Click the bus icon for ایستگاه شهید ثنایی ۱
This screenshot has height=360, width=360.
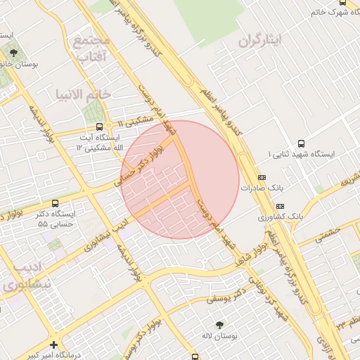point(302,142)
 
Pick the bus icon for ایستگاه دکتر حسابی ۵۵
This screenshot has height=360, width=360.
point(55,203)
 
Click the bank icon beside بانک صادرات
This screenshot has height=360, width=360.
point(262,178)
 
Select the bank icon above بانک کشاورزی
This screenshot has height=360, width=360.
point(281,206)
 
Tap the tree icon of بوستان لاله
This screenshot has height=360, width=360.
point(220,325)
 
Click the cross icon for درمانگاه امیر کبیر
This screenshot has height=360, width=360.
point(54,345)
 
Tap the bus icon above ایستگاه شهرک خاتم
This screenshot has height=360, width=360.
point(341,2)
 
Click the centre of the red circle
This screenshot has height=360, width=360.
point(180,179)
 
